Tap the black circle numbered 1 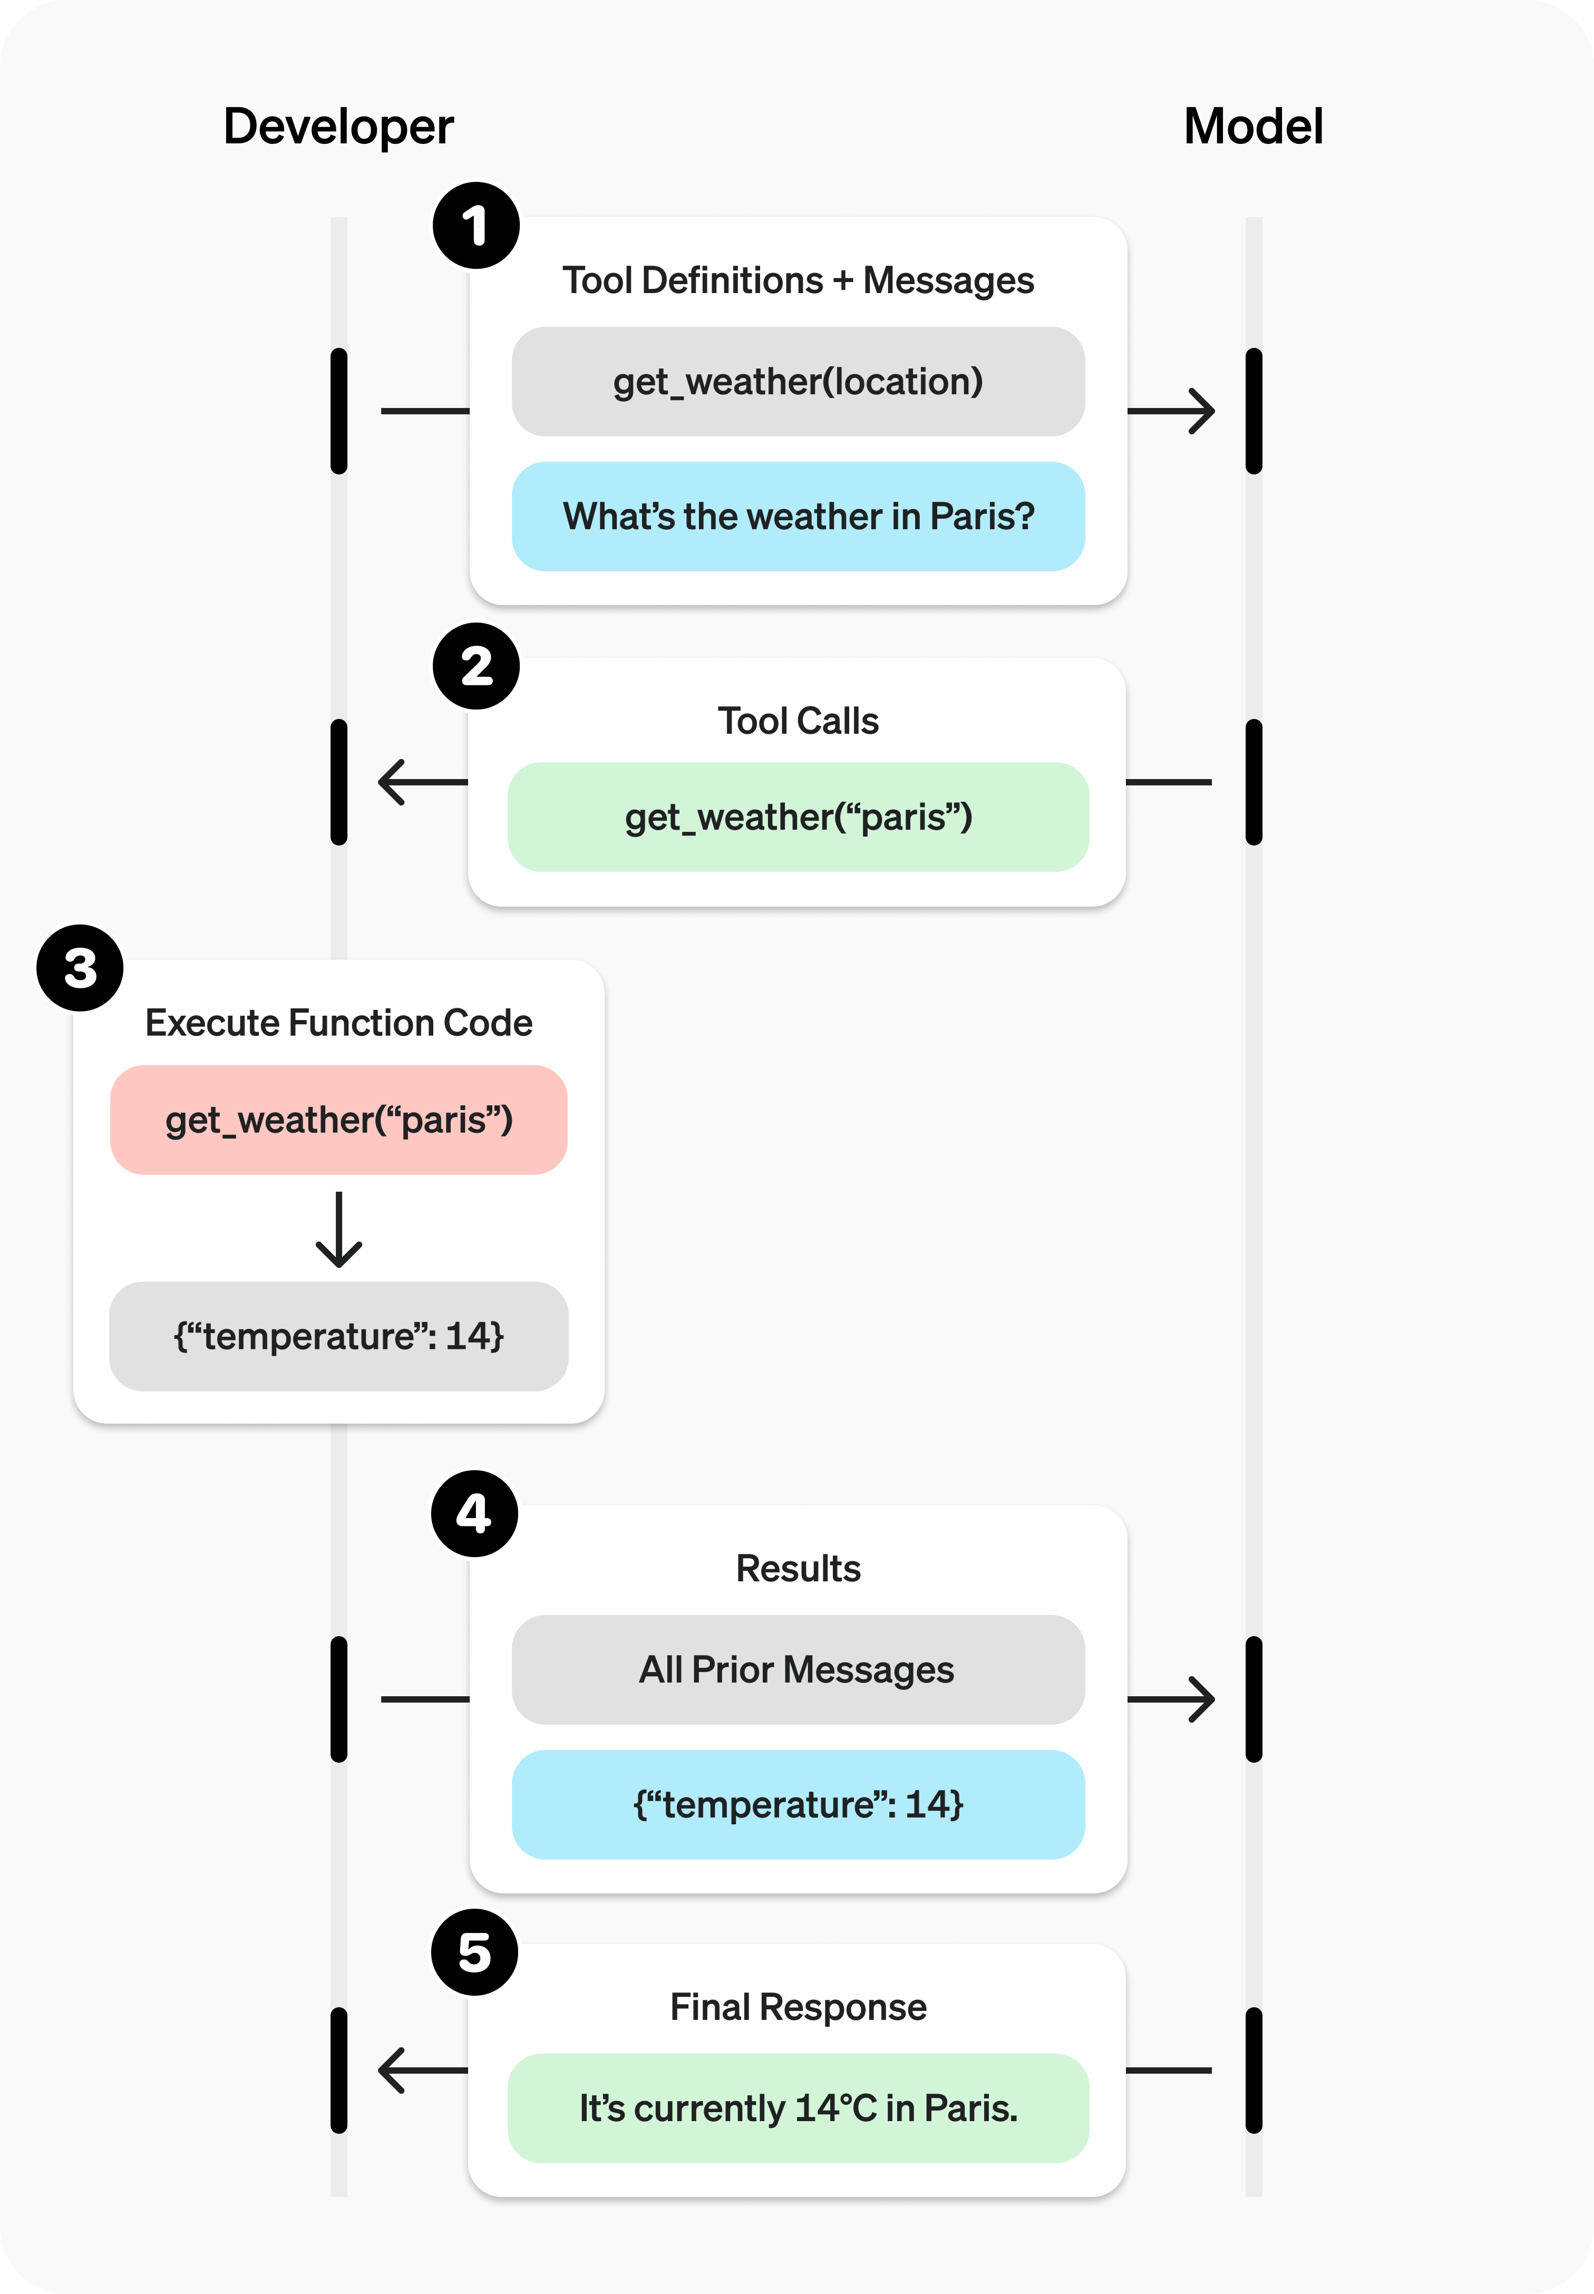click(x=475, y=226)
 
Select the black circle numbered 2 click(x=475, y=666)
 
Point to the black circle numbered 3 click(x=80, y=968)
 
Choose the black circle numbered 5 click(x=474, y=1952)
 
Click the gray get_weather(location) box click(x=798, y=382)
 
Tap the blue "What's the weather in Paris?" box click(x=798, y=517)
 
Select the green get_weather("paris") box click(x=798, y=817)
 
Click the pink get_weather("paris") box click(x=338, y=1120)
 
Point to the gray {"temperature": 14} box click(x=338, y=1336)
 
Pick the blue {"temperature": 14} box click(x=798, y=1805)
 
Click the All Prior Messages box click(x=798, y=1670)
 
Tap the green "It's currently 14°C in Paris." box click(x=798, y=2108)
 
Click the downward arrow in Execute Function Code click(x=338, y=1230)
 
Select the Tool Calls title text click(x=798, y=721)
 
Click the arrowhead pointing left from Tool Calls click(x=392, y=782)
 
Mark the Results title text click(x=798, y=1569)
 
